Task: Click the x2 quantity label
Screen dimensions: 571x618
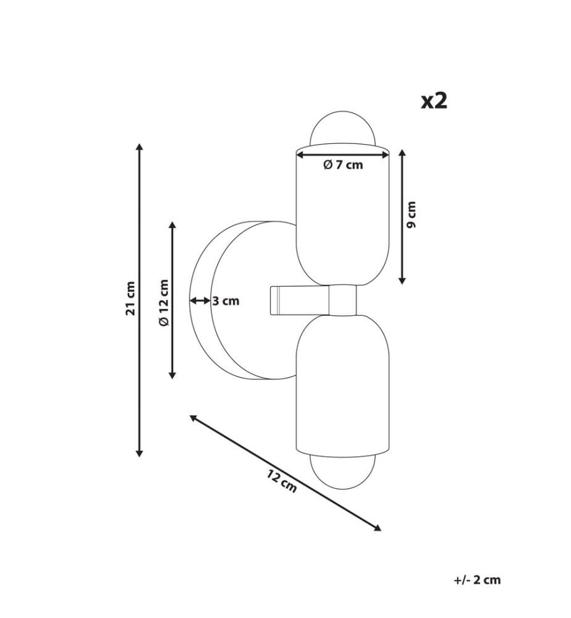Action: click(x=434, y=101)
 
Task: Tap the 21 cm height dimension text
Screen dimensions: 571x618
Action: click(x=130, y=298)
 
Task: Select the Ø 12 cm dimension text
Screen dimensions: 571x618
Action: click(x=164, y=302)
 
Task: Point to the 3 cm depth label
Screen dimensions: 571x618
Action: click(x=226, y=301)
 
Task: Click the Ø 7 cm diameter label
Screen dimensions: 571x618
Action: click(x=343, y=165)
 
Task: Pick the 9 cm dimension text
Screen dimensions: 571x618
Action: click(x=410, y=215)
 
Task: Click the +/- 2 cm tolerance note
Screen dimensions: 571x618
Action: click(x=477, y=580)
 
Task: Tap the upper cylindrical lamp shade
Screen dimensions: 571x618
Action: click(x=342, y=215)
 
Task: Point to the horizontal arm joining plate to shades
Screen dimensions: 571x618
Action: click(x=300, y=300)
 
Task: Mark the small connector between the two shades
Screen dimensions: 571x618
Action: click(x=343, y=300)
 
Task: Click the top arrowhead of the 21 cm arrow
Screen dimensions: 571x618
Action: click(x=138, y=147)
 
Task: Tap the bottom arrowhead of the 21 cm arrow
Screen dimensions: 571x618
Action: click(x=138, y=453)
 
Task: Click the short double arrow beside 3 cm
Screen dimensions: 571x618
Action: click(x=200, y=301)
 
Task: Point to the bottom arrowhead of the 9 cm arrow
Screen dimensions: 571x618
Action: click(x=402, y=281)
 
